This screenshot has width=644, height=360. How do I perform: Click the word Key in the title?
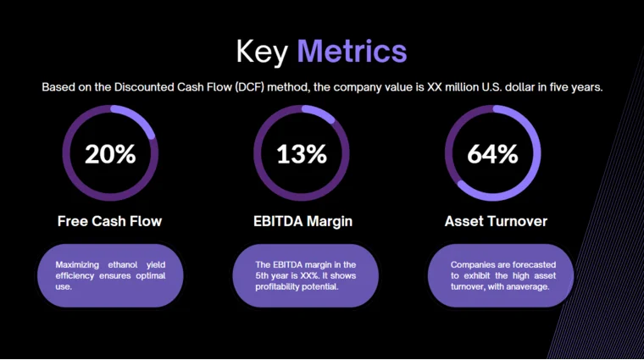pos(263,51)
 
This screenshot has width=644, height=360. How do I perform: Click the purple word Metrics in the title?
pos(352,51)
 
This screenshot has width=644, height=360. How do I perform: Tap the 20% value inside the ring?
pos(110,154)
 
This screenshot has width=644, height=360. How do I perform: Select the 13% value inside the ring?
pos(302,154)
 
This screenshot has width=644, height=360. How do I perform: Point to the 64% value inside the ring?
pos(492,154)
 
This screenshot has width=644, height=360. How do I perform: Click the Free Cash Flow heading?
pos(109,221)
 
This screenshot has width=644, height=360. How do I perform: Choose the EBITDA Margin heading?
pos(303,221)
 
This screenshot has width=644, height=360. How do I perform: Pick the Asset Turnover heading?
pos(496,221)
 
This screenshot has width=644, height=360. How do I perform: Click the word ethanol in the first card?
pos(121,264)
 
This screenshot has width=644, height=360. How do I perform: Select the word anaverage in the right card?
pos(528,286)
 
